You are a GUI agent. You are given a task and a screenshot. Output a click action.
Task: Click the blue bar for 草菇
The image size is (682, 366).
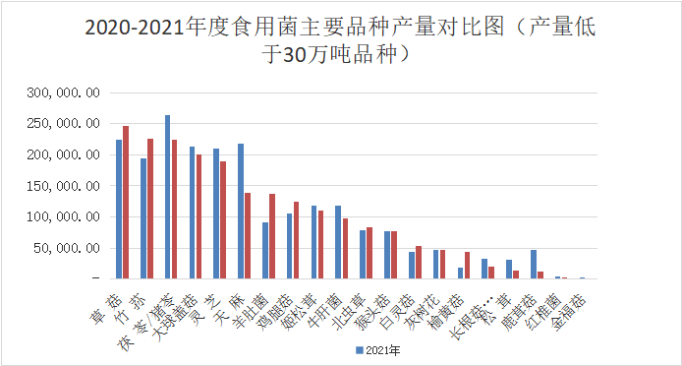(119, 210)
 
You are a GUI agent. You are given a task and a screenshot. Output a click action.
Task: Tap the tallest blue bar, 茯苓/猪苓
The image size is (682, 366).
(167, 197)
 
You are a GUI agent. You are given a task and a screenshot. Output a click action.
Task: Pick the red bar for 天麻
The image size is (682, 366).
(248, 236)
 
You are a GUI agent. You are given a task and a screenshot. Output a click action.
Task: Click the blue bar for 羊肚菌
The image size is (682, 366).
(265, 251)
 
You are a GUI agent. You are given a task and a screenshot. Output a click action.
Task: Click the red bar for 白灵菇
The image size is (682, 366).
(419, 263)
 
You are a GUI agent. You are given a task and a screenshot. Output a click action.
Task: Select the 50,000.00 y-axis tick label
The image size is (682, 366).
(65, 248)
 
